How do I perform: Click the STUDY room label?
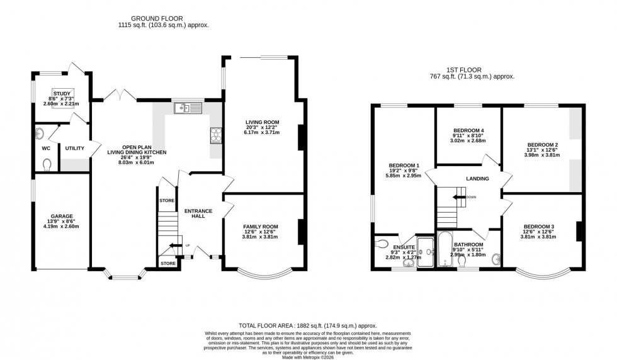point(62,93)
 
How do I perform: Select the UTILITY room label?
point(74,148)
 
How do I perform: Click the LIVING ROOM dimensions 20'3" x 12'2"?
point(262,128)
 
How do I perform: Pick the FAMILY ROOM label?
point(261,227)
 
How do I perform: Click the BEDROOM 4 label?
point(468,130)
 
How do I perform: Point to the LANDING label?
point(477,179)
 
